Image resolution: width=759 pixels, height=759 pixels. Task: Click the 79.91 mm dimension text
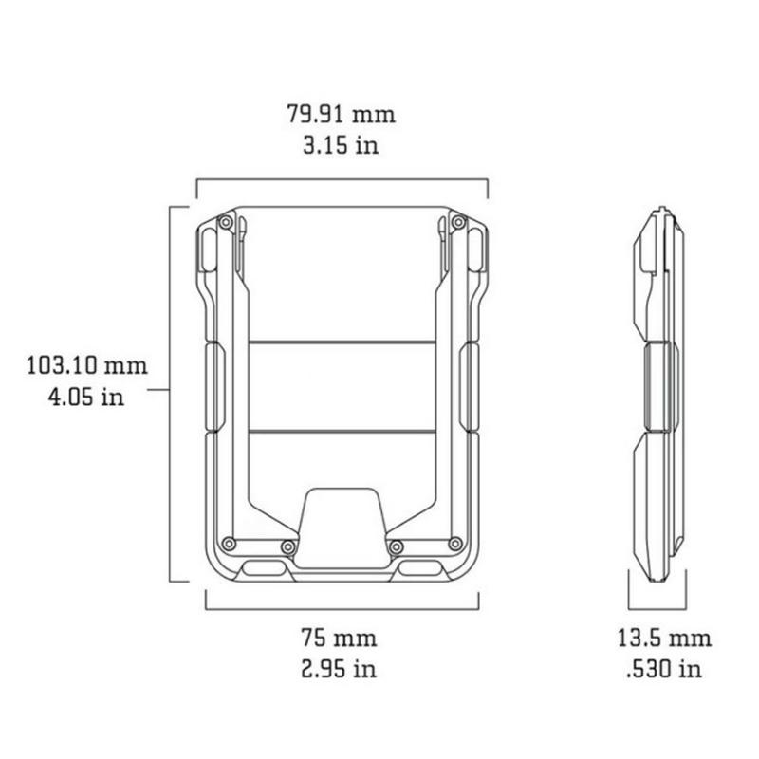tap(342, 114)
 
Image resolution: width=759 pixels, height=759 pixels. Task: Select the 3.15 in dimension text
tap(341, 145)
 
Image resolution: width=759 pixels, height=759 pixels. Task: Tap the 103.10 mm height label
tap(87, 365)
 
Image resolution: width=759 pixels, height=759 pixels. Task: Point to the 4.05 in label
tap(86, 397)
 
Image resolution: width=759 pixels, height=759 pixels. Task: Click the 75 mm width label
tap(339, 638)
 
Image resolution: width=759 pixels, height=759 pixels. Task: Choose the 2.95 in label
tap(339, 669)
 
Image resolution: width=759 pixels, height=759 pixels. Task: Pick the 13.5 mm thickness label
tap(664, 638)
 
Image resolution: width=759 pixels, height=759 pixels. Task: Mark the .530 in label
tap(664, 669)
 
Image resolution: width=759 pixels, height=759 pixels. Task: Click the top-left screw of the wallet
tap(226, 223)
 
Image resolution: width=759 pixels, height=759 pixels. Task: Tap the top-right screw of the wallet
tap(458, 223)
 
